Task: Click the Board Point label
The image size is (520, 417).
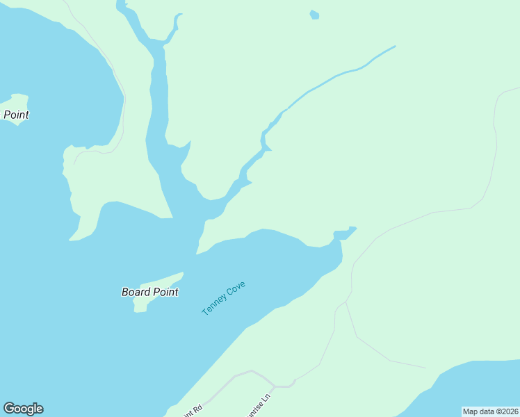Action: (149, 292)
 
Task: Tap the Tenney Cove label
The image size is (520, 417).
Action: (224, 298)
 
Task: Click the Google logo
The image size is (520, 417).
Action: (23, 409)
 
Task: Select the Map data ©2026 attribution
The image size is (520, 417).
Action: (490, 411)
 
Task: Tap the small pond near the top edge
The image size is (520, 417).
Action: (314, 15)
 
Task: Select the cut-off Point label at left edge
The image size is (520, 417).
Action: (16, 115)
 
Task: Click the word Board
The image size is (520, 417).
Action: (136, 292)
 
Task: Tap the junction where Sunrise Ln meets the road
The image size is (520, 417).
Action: (275, 386)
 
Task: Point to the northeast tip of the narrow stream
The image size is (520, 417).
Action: (394, 47)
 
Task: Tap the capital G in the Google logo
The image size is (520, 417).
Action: (10, 409)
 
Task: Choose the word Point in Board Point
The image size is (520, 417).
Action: (165, 292)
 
